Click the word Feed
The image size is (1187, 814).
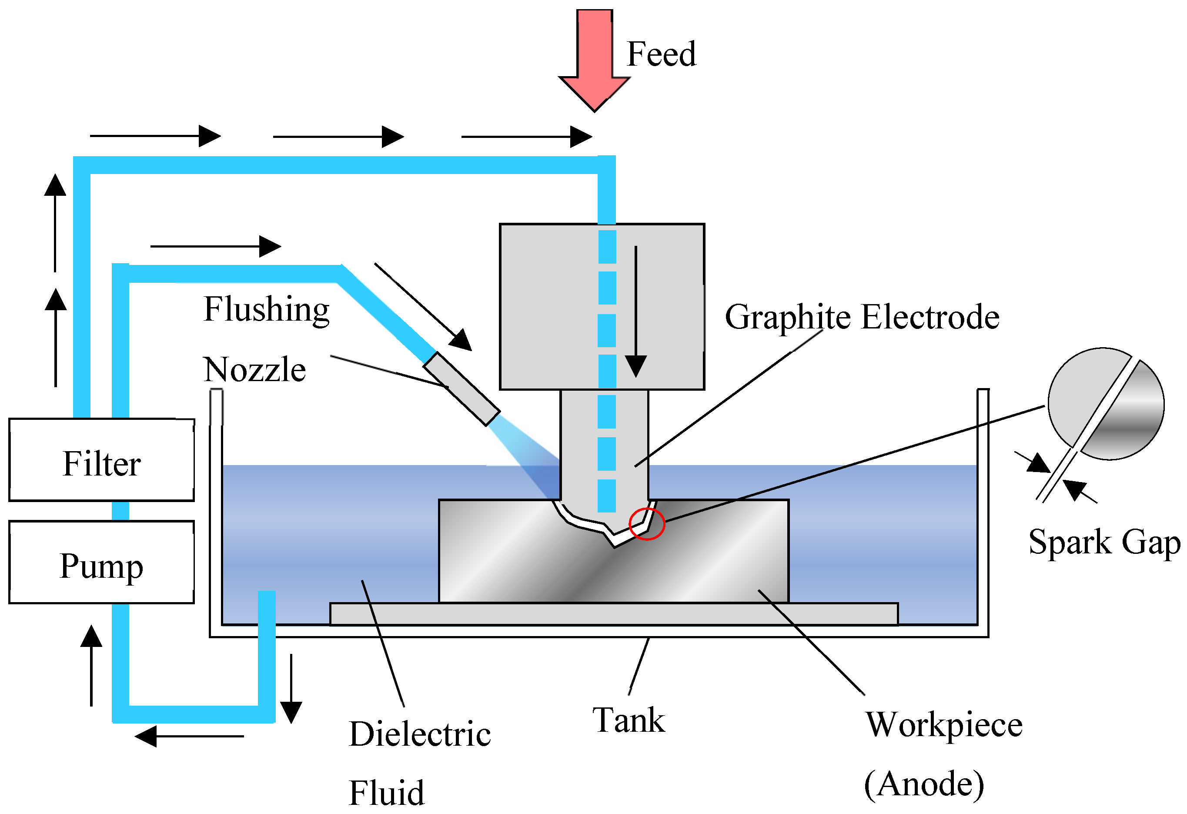click(661, 54)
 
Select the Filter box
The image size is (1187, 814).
click(102, 460)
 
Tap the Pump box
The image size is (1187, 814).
click(102, 563)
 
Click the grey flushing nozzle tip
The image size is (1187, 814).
click(461, 389)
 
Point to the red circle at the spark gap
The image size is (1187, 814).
click(647, 524)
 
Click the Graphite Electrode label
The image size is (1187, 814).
click(862, 317)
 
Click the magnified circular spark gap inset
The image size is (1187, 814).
click(1106, 404)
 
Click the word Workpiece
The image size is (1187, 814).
click(944, 725)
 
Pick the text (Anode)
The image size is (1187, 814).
click(923, 784)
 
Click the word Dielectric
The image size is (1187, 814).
click(420, 735)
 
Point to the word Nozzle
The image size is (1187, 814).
click(254, 369)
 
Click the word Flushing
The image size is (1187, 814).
click(267, 310)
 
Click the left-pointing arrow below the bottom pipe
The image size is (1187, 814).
click(189, 736)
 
